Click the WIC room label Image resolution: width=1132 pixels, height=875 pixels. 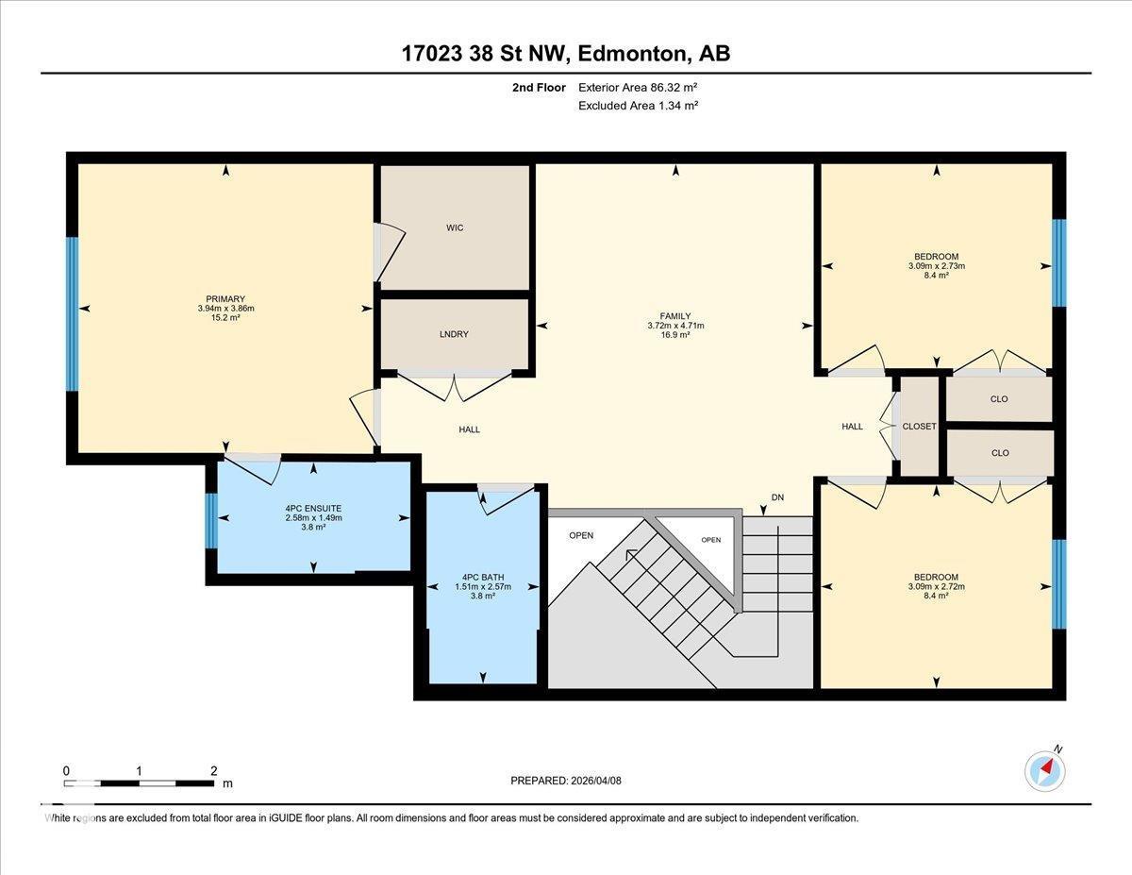click(455, 227)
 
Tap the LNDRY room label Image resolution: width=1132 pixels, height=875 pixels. click(455, 334)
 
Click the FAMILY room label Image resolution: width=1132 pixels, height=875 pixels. click(675, 316)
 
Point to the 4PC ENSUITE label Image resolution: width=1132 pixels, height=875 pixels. click(313, 508)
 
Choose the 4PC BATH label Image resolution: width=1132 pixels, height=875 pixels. click(483, 577)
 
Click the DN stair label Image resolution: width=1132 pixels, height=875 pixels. click(777, 497)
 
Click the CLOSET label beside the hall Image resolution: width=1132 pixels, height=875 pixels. click(919, 427)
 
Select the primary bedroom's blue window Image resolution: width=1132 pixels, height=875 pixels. click(72, 313)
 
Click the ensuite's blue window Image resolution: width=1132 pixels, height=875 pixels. click(211, 520)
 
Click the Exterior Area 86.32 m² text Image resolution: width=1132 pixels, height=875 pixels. click(638, 88)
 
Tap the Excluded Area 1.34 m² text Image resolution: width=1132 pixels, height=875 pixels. click(638, 106)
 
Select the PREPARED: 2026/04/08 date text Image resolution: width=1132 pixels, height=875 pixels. click(566, 781)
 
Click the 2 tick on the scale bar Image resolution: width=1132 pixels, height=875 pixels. click(213, 770)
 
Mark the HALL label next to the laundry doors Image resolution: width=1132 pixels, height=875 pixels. click(469, 429)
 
